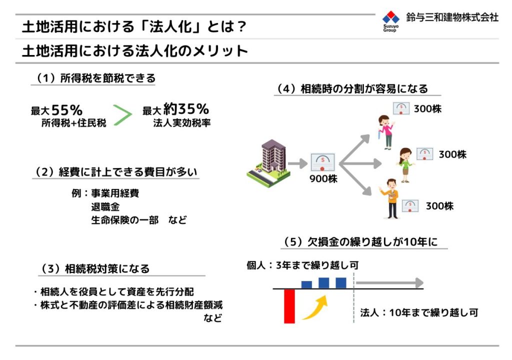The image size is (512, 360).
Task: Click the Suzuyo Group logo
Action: pyautogui.click(x=391, y=21)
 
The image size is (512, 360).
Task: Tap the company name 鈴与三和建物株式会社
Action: pyautogui.click(x=452, y=17)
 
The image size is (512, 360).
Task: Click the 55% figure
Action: pyautogui.click(x=67, y=110)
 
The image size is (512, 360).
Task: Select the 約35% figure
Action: pyautogui.click(x=186, y=109)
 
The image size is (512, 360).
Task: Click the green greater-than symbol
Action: pyautogui.click(x=122, y=115)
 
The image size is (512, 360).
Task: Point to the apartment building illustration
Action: pyautogui.click(x=268, y=163)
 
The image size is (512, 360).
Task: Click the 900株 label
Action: pyautogui.click(x=323, y=178)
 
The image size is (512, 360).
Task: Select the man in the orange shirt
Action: pyautogui.click(x=390, y=198)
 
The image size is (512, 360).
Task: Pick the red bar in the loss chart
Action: pyautogui.click(x=289, y=306)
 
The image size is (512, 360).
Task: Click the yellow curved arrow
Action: pyautogui.click(x=315, y=307)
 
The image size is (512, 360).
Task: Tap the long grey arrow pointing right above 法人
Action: pyautogui.click(x=389, y=283)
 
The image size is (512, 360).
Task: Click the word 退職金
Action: pyautogui.click(x=105, y=207)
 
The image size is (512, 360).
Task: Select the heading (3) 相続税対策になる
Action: pyautogui.click(x=94, y=268)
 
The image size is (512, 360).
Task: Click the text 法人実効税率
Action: pyautogui.click(x=182, y=123)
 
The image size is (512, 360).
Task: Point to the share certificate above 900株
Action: pyautogui.click(x=322, y=162)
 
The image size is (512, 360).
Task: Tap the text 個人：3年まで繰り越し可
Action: pyautogui.click(x=302, y=265)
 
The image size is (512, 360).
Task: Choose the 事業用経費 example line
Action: pyautogui.click(x=115, y=193)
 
